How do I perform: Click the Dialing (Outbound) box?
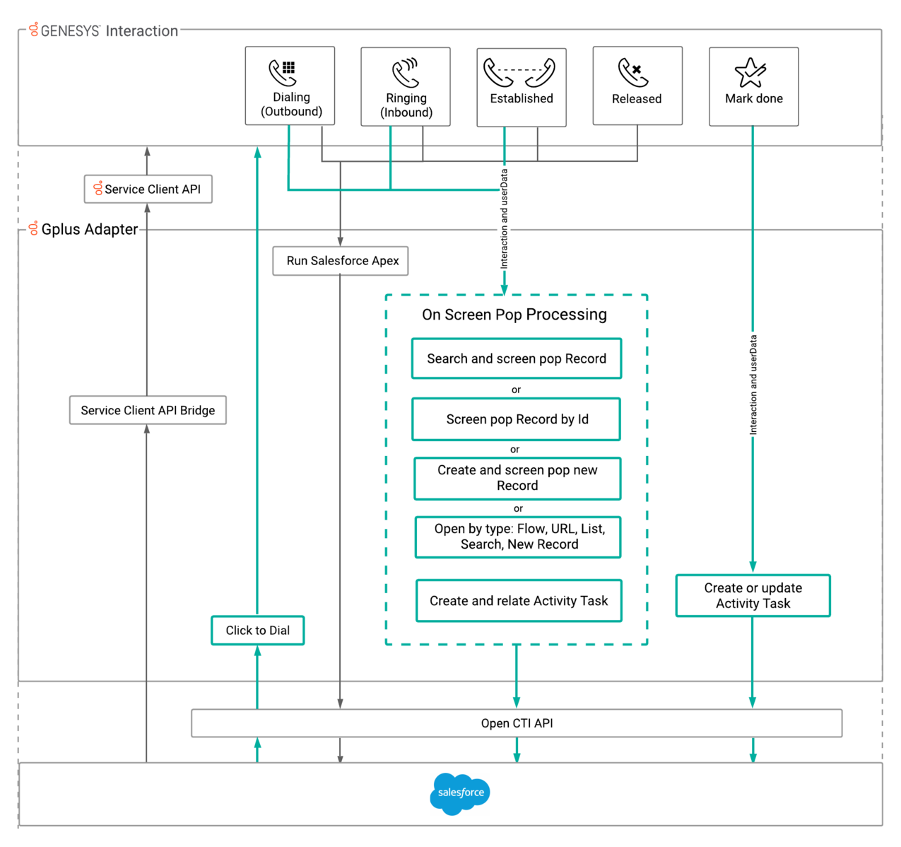point(290,86)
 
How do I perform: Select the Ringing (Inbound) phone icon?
point(406,73)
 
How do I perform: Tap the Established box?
point(522,87)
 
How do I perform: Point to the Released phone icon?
point(633,71)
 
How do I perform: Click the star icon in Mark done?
point(750,72)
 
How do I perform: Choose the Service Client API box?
point(148,189)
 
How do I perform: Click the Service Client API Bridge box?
point(148,410)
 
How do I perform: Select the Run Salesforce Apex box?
point(340,261)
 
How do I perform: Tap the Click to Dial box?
point(258,630)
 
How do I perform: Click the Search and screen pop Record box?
point(517,358)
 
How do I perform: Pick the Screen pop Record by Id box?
point(517,419)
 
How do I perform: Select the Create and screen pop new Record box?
point(517,478)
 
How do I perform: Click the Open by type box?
point(518,537)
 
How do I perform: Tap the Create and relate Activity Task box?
point(519,600)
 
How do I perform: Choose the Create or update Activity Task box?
point(753,595)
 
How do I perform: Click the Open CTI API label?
point(517,723)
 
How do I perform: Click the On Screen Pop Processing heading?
point(514,315)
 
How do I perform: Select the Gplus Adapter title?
point(89,229)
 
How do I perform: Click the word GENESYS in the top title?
point(71,31)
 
